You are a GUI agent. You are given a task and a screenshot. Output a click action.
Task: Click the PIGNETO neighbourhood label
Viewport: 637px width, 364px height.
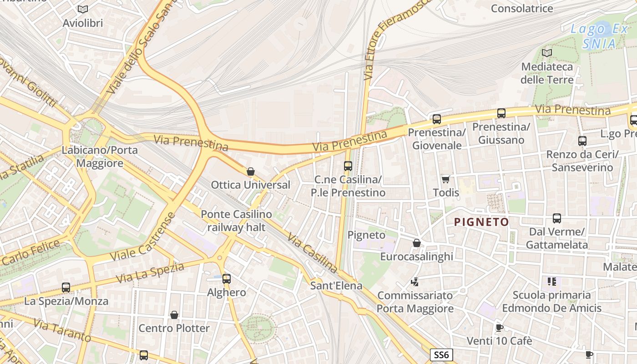481,222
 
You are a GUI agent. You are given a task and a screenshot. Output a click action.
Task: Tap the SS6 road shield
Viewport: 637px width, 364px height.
441,355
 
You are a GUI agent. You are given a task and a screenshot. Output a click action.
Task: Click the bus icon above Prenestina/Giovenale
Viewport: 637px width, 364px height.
437,119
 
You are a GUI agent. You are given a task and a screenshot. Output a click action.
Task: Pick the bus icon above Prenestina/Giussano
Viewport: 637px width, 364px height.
501,113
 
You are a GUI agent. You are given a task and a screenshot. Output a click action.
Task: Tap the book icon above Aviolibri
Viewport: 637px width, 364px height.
82,9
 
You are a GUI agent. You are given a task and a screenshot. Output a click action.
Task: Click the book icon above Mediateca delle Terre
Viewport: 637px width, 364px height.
547,53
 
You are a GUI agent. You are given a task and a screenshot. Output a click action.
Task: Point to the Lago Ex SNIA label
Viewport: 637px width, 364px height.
599,36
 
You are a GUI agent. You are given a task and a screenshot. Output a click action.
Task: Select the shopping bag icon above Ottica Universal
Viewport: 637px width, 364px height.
250,172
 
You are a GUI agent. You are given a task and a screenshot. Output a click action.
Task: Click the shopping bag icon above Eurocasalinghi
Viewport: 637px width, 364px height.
416,243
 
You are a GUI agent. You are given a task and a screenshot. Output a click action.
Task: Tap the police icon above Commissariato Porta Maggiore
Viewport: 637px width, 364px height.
415,282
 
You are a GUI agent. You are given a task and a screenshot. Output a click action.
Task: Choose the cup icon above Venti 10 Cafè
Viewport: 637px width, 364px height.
499,328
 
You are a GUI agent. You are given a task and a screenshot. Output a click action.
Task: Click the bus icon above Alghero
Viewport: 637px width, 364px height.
226,279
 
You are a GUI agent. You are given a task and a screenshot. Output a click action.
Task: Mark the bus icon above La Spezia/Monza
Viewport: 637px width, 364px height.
66,288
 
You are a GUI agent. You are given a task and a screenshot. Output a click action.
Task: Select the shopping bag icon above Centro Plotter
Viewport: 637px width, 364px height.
174,315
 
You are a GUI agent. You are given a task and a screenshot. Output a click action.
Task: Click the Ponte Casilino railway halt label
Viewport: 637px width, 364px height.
236,221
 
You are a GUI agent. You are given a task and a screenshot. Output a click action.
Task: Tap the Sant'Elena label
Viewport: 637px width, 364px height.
336,286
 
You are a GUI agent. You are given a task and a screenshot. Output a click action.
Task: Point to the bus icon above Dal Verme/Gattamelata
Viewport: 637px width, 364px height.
557,218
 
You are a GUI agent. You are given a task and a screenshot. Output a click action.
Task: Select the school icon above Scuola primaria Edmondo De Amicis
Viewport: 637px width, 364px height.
552,282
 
